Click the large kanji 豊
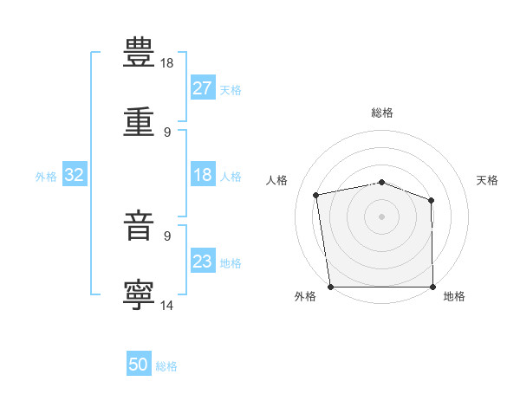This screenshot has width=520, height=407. pos(139,52)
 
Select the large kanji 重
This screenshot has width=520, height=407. pos(139,121)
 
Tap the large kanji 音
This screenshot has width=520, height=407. pos(139,225)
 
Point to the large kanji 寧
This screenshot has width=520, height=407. pos(139,295)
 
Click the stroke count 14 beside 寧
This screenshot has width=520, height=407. pos(166,305)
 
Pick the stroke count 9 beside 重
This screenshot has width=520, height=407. pos(167,132)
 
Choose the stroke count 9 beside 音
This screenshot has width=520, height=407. pos(167,236)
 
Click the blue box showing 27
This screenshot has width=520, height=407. pos(203,87)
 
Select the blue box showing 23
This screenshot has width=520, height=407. pos(203,260)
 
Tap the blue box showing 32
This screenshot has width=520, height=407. pos(75,174)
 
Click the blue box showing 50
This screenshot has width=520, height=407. pos(139,363)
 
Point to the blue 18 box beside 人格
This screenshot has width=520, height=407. pos(203,174)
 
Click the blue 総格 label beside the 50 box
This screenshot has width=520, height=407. pos(166,366)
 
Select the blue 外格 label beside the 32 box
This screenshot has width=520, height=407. pos(46,177)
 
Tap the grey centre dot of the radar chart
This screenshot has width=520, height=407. pos(381,216)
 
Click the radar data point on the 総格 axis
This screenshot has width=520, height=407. pos(381,183)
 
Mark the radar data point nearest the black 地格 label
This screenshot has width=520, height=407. pos(432,287)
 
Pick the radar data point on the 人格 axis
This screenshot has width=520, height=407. pos(316,195)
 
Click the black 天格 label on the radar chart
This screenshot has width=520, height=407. pos(487,180)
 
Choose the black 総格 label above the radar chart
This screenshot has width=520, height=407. pos(382,113)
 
